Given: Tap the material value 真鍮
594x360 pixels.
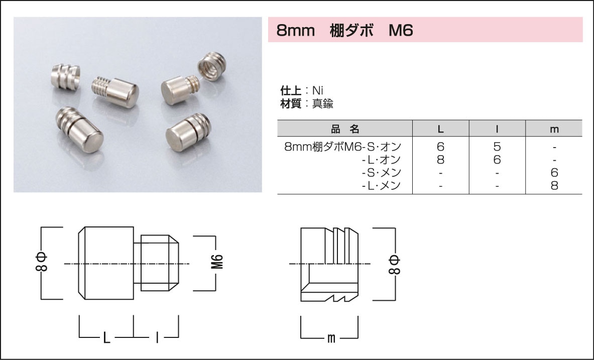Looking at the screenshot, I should coord(323,104).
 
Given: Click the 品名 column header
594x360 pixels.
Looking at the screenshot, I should coord(345,129).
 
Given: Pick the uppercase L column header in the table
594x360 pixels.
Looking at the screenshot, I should coord(440,129).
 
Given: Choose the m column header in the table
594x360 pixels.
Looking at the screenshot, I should coord(554,129).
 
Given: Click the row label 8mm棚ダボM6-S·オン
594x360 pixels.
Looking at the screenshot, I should coord(342,147).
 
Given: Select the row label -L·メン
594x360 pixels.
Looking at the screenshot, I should coord(381,185).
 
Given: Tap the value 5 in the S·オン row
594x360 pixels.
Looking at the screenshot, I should coord(497,147).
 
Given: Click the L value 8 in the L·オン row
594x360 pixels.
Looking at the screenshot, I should coord(440,160).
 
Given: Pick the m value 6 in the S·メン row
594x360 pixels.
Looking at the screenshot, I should coord(554,173).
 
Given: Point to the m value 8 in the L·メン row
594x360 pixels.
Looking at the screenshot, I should coord(554,185).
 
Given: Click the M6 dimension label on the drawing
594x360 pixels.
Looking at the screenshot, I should coord(216,263).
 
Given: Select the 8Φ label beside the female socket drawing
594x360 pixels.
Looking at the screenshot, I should coord(394,263).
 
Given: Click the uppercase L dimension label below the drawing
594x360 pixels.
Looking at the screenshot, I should coord(106,338).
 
